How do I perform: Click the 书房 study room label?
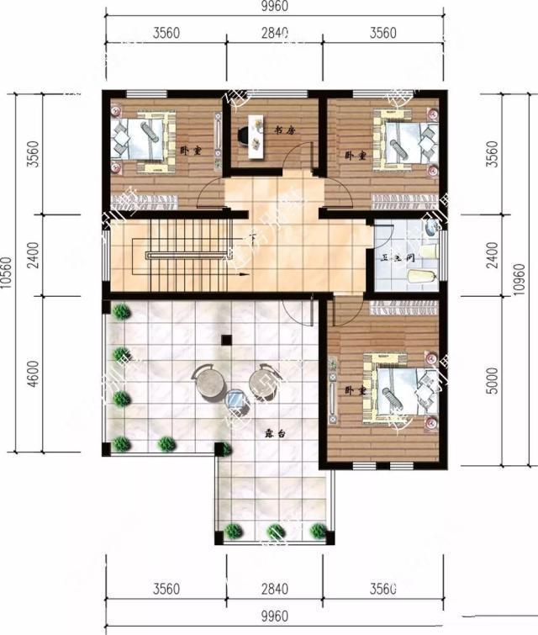(287, 130)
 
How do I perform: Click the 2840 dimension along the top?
(274, 34)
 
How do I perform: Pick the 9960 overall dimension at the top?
(274, 8)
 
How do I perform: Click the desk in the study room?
(255, 135)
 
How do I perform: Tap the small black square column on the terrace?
(225, 340)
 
